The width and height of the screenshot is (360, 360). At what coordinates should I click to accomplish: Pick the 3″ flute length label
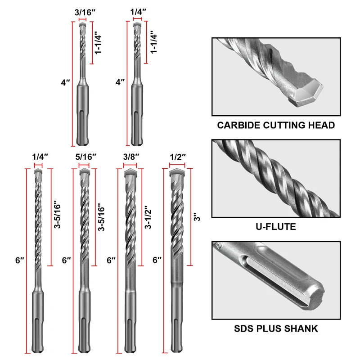(196, 217)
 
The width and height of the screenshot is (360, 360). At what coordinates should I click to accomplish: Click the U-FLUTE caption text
(276, 227)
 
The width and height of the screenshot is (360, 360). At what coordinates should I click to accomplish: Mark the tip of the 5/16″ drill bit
(84, 172)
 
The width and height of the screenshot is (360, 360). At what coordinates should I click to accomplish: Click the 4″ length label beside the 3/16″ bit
(66, 83)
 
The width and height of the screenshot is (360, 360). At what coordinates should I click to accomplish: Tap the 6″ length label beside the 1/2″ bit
(158, 260)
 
